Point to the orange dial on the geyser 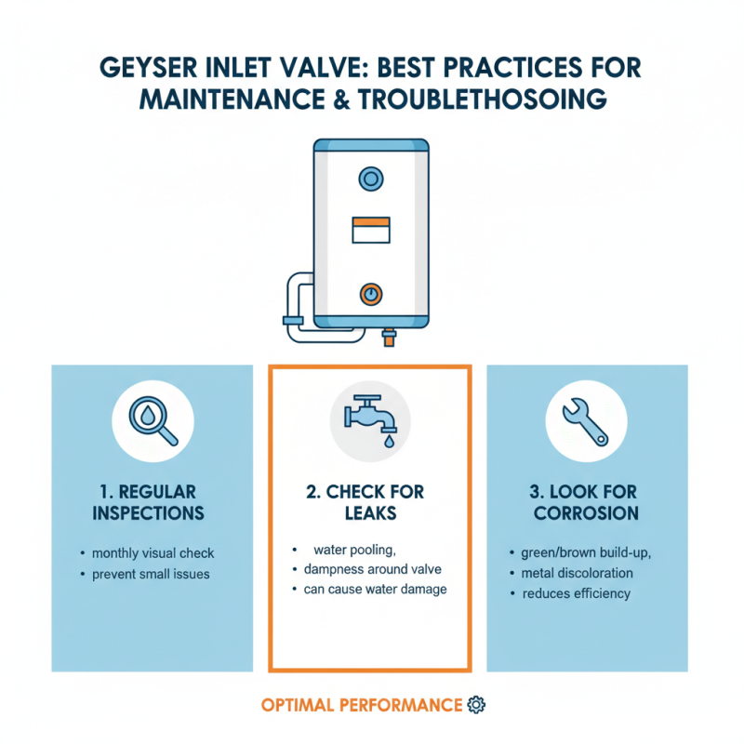pos(370,294)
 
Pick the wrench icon pos(587,420)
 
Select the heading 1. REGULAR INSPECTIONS pos(152,502)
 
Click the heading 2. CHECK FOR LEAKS pos(370,502)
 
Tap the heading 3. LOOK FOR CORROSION pos(587,502)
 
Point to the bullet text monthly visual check pos(153,552)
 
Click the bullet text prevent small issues pos(151,574)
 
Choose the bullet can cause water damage pos(376,590)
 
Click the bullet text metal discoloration pos(577,573)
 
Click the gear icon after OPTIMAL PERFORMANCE pos(477,704)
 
